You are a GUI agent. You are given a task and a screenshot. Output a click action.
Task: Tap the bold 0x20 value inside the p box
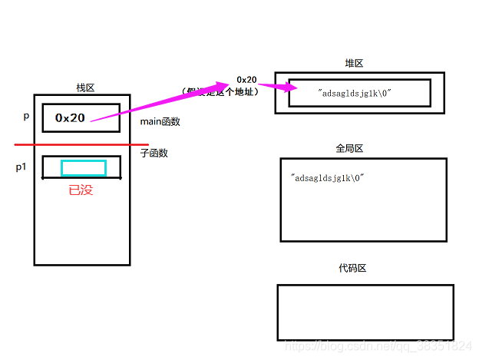(70, 118)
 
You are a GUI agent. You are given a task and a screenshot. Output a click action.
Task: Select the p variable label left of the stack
(26, 117)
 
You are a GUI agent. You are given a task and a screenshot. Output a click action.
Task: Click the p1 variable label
(21, 167)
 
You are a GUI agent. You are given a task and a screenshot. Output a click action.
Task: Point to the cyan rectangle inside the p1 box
(83, 168)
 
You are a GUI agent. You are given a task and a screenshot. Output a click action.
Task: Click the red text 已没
(81, 190)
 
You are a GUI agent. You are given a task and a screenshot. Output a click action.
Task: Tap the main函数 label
(160, 121)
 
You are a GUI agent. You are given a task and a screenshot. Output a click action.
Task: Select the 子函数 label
(154, 153)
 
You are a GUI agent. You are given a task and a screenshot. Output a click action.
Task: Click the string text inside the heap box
(355, 93)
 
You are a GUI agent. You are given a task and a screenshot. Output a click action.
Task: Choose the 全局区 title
(349, 148)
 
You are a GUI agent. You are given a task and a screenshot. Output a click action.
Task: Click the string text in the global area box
(327, 178)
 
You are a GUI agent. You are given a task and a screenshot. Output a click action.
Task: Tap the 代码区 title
(352, 268)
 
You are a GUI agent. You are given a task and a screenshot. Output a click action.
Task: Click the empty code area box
(365, 312)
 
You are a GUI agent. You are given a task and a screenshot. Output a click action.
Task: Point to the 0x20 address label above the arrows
(246, 80)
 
